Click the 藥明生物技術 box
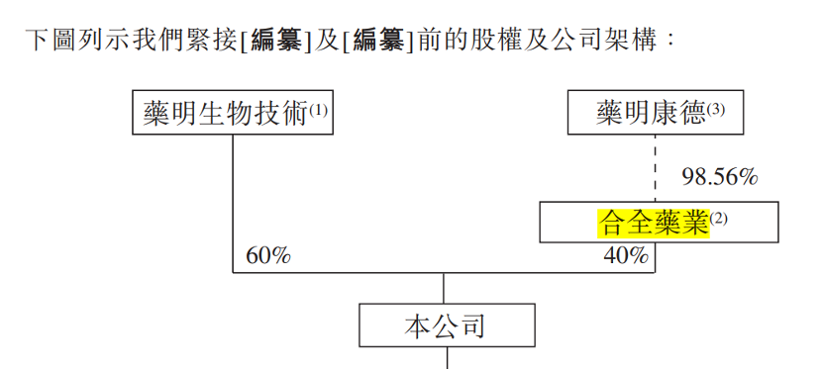(232, 113)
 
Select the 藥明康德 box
(655, 113)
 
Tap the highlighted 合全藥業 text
(654, 223)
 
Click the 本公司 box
(446, 324)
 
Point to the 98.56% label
(719, 177)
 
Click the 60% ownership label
(267, 255)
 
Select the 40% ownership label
(626, 255)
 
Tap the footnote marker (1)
(317, 109)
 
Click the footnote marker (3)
(716, 109)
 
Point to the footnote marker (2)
(718, 219)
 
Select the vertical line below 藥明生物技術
(233, 198)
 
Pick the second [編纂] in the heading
(377, 42)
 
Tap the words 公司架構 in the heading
(609, 42)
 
